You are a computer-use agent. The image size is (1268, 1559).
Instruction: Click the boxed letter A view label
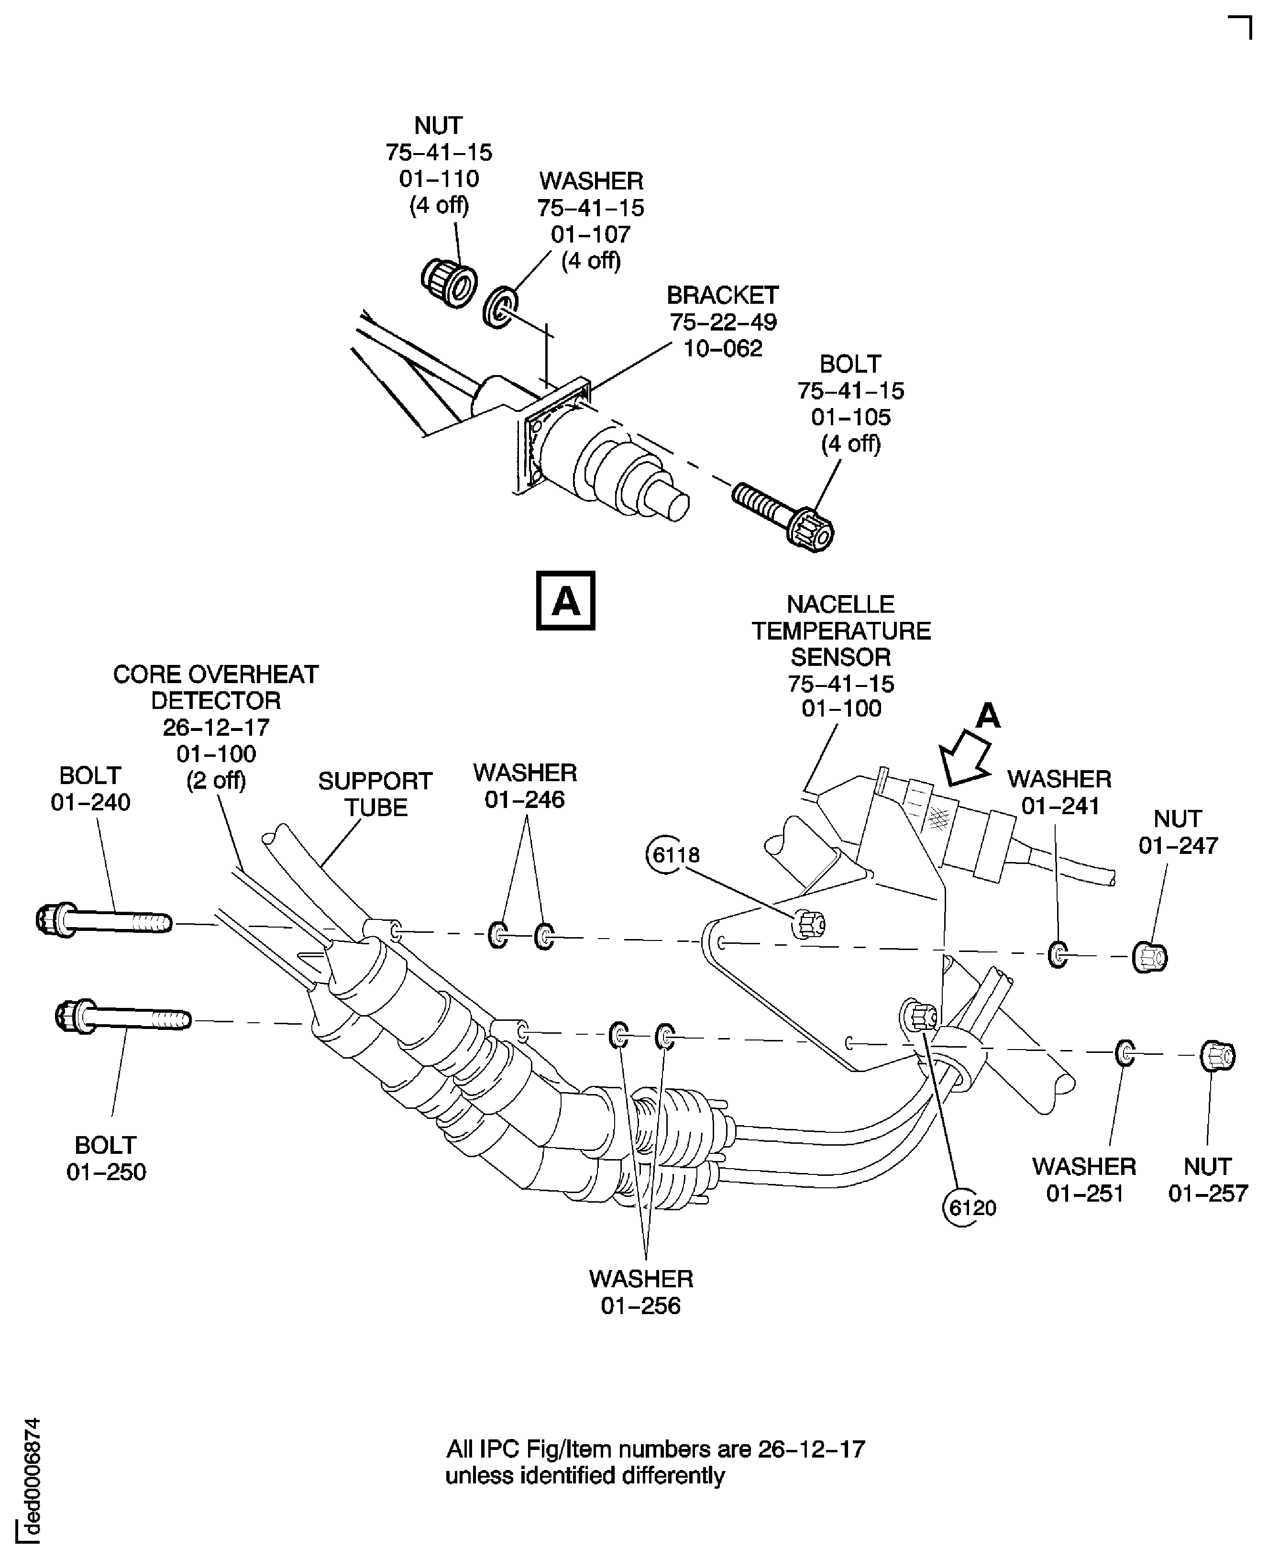tap(565, 600)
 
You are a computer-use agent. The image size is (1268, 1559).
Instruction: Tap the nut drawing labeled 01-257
tap(1217, 1056)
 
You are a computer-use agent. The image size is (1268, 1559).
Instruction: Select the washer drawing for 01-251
tap(1125, 1053)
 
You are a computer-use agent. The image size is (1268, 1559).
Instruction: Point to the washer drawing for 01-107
tap(500, 308)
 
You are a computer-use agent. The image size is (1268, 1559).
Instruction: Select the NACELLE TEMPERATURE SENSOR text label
tap(841, 630)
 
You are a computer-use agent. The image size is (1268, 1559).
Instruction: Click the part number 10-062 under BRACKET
tap(722, 348)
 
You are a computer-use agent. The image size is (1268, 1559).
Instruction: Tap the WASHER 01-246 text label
tap(524, 785)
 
